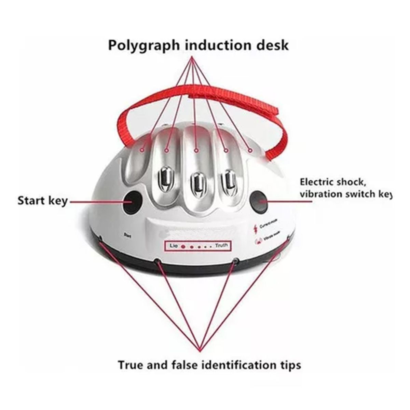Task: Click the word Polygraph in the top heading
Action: click(x=143, y=45)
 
